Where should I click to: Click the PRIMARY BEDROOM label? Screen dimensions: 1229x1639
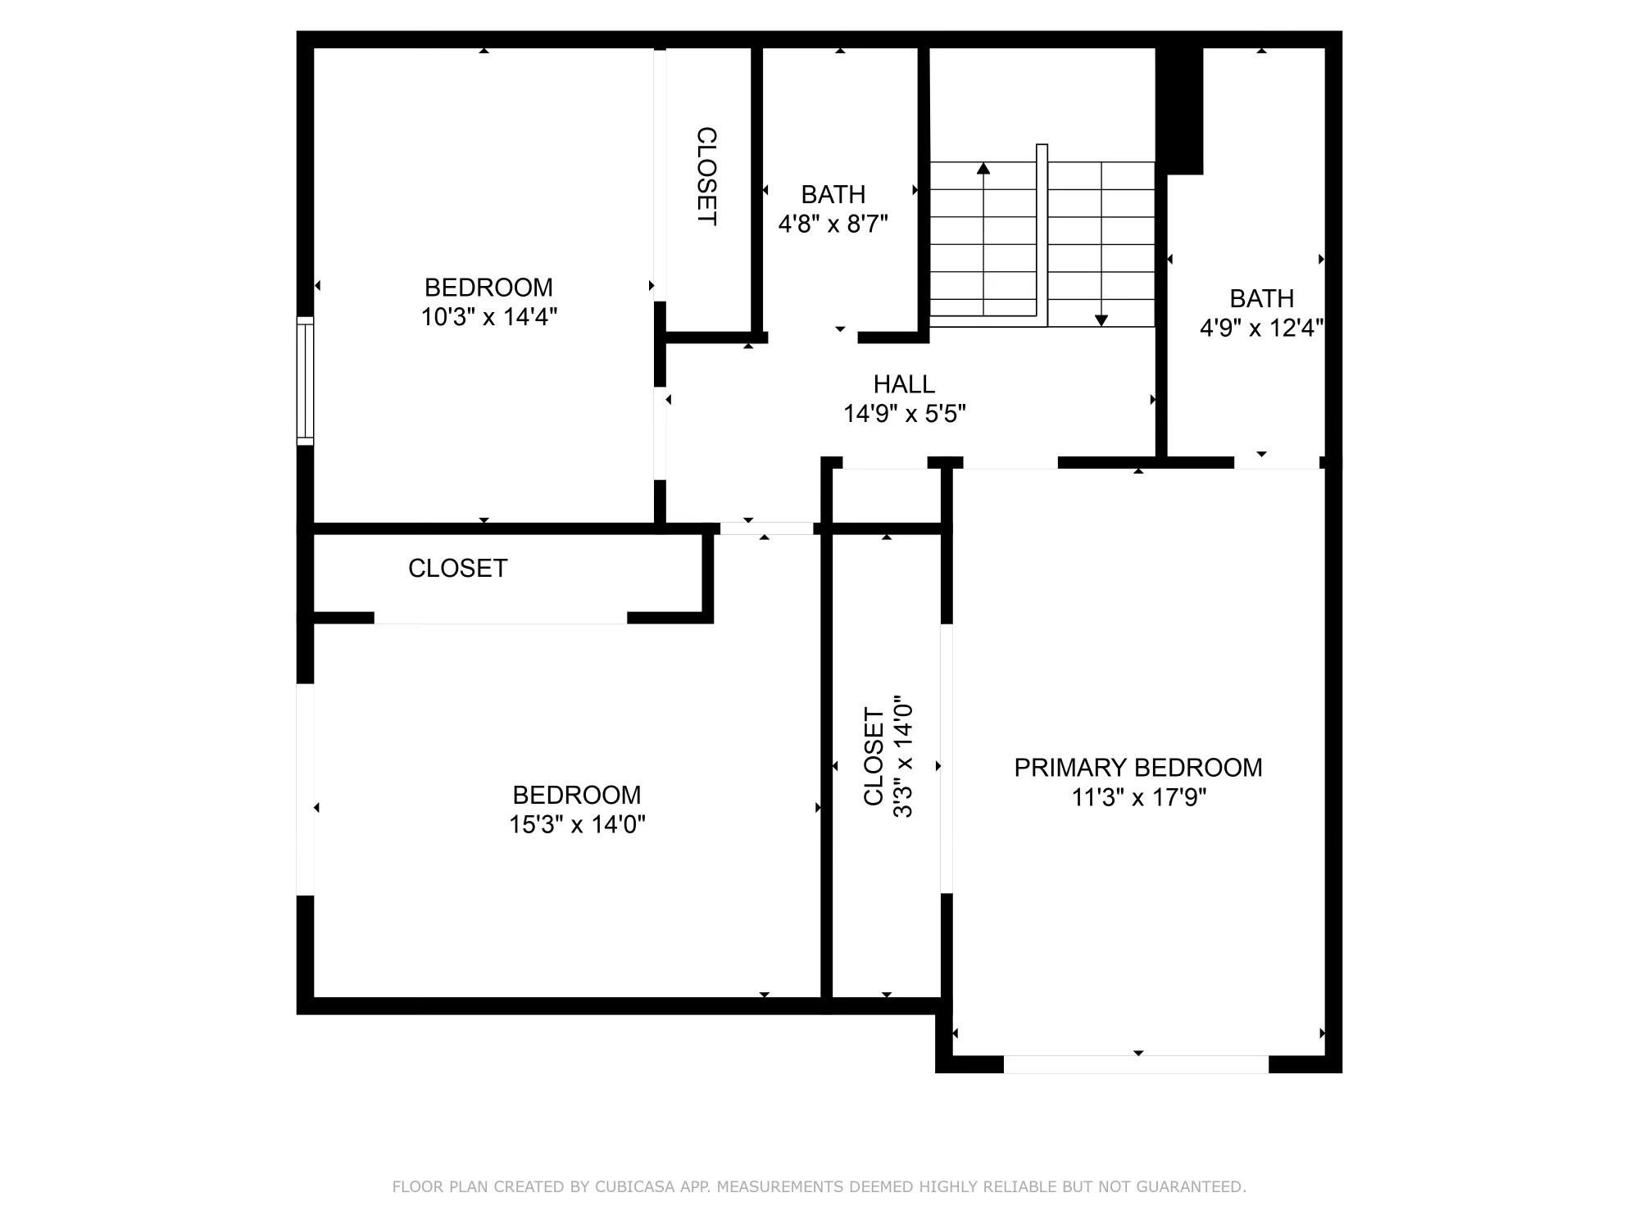(1137, 768)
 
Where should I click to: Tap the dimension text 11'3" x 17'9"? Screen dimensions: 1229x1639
(1138, 797)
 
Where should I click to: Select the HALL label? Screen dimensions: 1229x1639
(904, 384)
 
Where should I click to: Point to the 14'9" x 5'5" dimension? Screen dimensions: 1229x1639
(905, 414)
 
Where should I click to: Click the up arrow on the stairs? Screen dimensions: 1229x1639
(983, 168)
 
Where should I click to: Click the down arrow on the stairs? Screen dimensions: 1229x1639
(1101, 320)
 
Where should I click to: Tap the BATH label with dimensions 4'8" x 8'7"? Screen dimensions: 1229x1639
(833, 195)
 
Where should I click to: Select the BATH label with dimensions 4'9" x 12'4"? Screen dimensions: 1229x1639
(1261, 298)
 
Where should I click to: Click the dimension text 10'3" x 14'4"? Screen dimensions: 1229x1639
(488, 317)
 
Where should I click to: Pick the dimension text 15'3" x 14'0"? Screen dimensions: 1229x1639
(577, 824)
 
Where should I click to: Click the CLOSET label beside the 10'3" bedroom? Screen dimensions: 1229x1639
(706, 176)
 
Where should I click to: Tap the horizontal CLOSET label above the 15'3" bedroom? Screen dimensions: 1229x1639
(457, 569)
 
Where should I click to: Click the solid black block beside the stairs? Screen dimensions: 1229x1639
(1179, 111)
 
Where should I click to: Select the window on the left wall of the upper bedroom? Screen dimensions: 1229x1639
(305, 380)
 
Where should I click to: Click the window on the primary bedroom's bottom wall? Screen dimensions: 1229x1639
(1136, 1064)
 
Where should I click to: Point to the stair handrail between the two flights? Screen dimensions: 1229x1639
(1042, 234)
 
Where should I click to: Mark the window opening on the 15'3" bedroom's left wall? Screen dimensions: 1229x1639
(305, 789)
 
